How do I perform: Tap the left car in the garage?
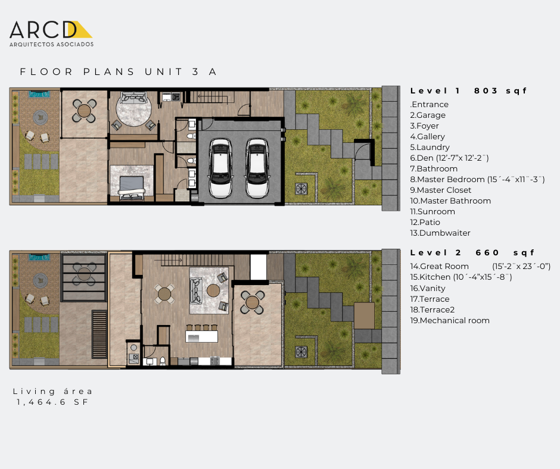click(220, 168)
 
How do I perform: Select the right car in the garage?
click(257, 168)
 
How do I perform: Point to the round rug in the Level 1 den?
click(134, 110)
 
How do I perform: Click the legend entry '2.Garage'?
click(428, 115)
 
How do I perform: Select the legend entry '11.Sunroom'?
click(432, 211)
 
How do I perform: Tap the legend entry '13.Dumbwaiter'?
click(440, 233)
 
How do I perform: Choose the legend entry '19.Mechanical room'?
click(450, 320)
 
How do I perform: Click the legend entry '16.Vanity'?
click(428, 288)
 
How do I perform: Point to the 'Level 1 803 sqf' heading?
click(468, 90)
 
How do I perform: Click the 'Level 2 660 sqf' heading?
click(472, 253)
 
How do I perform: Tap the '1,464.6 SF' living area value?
click(52, 402)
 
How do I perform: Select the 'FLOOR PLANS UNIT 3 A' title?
click(118, 72)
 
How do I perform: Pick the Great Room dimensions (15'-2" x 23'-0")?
click(521, 266)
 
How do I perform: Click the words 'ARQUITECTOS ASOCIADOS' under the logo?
click(51, 44)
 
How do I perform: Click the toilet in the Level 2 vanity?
click(163, 361)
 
